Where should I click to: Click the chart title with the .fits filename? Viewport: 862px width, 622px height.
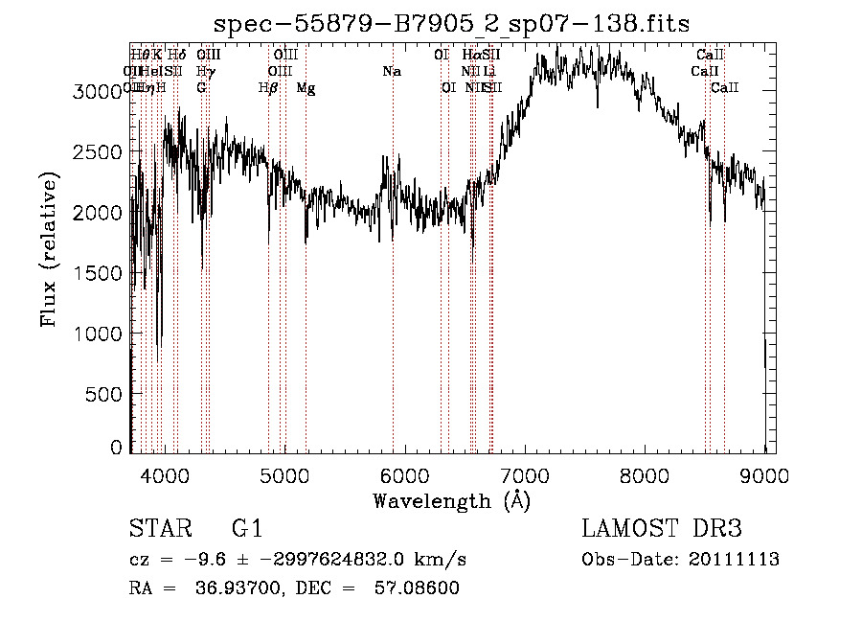[x=450, y=23]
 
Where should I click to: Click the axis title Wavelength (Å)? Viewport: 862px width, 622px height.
[x=451, y=500]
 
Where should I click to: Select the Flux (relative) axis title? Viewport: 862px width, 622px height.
[x=49, y=249]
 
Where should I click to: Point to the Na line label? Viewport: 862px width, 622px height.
[x=391, y=71]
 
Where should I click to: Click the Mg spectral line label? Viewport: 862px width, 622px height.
[x=306, y=88]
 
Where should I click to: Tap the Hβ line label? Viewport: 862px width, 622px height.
[x=268, y=88]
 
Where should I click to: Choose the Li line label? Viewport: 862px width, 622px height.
[x=489, y=71]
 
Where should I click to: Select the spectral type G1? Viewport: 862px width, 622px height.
[x=247, y=529]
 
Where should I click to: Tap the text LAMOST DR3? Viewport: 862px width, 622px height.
[x=662, y=529]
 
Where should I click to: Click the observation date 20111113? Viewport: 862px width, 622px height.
[x=737, y=560]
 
